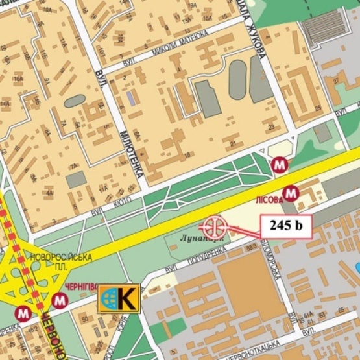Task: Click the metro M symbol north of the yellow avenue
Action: click(x=280, y=165)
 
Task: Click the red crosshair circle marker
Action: click(x=213, y=227)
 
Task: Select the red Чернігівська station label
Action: click(x=81, y=286)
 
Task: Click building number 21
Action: click(x=233, y=143)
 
